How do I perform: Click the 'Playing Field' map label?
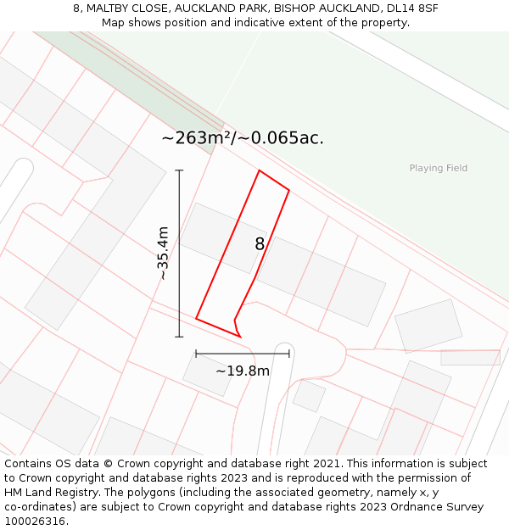438,168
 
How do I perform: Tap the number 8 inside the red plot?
260,244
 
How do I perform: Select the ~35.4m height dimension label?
163,253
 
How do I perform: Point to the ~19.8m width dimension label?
243,371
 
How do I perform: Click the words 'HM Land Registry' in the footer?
47,492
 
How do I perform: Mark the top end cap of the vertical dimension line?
179,170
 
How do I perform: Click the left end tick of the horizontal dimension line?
196,354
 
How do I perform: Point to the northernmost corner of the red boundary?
259,170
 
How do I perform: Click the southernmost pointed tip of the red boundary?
240,337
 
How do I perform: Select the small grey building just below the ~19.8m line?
207,375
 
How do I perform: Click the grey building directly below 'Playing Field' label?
428,326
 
